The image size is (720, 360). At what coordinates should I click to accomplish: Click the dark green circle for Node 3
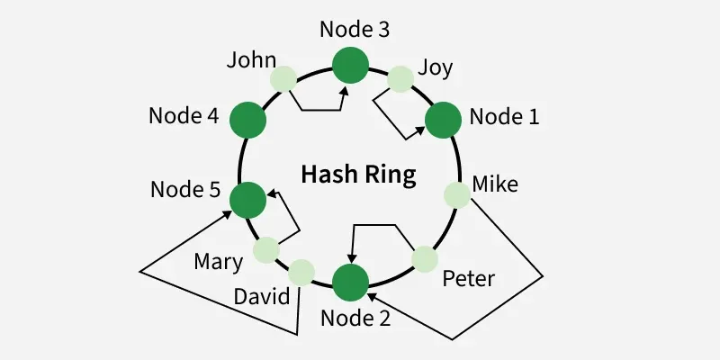[x=350, y=65]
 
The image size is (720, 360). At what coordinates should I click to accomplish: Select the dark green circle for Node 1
[x=443, y=120]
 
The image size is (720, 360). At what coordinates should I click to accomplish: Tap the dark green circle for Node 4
[x=247, y=120]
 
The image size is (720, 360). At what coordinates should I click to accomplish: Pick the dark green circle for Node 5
[x=247, y=199]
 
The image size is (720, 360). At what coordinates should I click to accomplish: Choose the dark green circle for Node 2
[x=350, y=283]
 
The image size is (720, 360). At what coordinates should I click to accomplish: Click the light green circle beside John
[x=283, y=78]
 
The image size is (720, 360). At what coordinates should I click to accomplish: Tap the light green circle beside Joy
[x=400, y=79]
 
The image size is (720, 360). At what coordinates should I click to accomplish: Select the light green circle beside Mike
[x=457, y=194]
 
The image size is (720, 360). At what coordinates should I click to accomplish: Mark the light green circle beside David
[x=301, y=271]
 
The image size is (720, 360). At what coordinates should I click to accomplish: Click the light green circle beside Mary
[x=267, y=249]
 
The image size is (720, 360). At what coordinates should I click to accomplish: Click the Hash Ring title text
[x=358, y=174]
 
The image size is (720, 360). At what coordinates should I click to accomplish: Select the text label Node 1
[x=504, y=117]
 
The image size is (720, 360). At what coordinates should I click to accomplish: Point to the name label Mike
[x=495, y=184]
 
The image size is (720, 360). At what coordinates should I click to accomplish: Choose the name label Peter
[x=468, y=278]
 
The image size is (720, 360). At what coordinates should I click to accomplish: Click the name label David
[x=261, y=297]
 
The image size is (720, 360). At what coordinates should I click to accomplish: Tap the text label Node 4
[x=184, y=117]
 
